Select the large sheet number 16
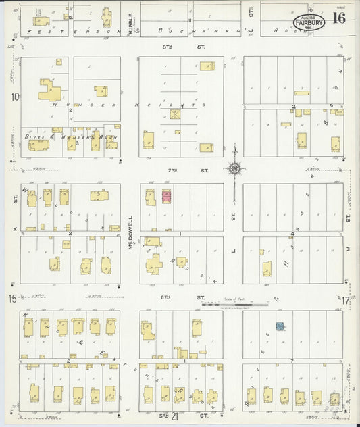tap(339, 18)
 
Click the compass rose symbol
tap(234, 168)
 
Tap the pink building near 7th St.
tap(166, 197)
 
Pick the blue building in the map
tap(278, 326)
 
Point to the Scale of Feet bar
tap(240, 305)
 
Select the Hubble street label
tap(130, 24)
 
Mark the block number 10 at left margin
tap(14, 96)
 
